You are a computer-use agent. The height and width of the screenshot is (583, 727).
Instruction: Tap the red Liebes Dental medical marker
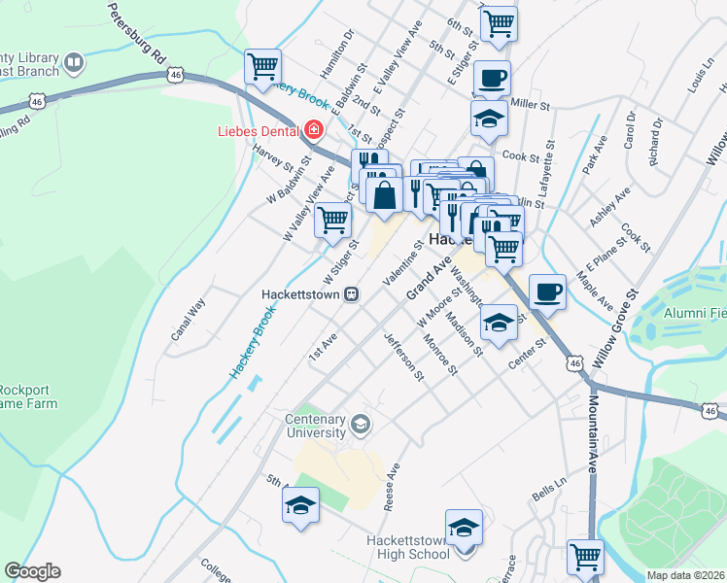pos(313,129)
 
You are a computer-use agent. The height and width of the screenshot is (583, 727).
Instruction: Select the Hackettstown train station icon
pos(355,293)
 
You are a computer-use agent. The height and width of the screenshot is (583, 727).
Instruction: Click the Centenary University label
pos(315,426)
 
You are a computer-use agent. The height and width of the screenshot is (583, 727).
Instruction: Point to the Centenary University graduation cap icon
pos(361,423)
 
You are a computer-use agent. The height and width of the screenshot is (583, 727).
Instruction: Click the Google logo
pos(33,571)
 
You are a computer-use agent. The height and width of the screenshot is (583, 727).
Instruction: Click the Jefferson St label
pos(404,357)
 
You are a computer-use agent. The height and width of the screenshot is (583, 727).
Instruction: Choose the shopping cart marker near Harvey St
pos(262,67)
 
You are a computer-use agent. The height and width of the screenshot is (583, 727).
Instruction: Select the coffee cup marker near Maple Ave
pos(548,291)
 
